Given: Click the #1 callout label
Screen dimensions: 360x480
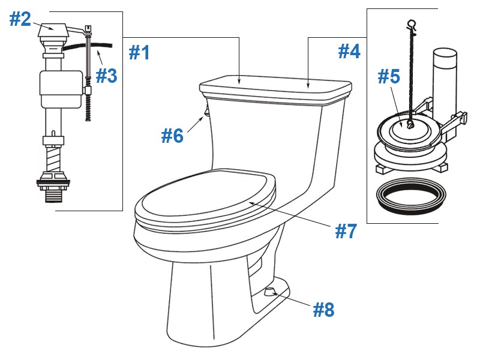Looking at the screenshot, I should (x=139, y=52).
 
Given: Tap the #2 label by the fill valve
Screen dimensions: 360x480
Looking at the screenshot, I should (x=20, y=19).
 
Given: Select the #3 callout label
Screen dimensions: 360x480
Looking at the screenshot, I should (x=106, y=76).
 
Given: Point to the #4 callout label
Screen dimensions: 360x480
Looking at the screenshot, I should (x=349, y=51).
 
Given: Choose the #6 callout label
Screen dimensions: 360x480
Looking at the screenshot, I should (x=172, y=136).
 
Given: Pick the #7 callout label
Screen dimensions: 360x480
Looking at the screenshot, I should (x=346, y=230).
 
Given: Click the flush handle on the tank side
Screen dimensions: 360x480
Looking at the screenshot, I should (x=206, y=112).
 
